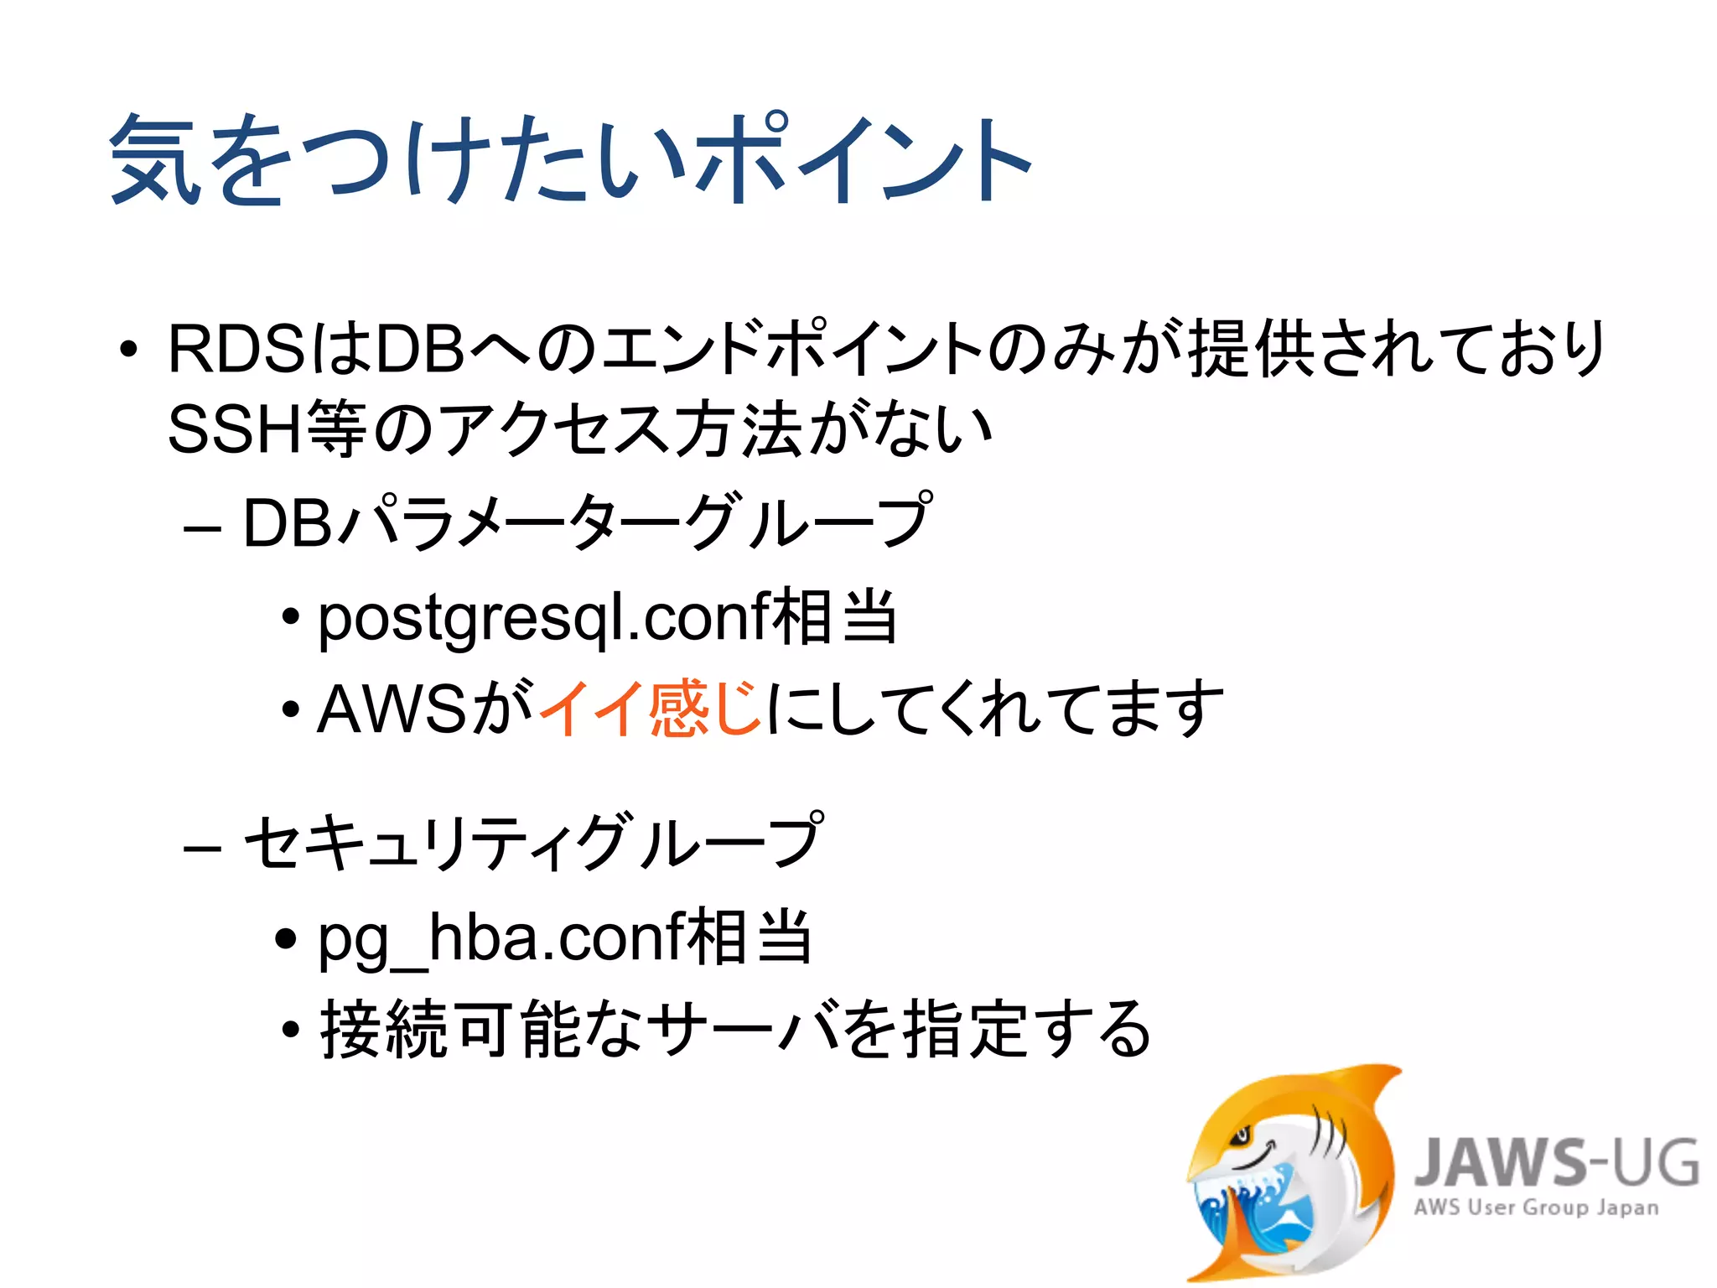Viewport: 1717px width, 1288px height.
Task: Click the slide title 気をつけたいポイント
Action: click(x=570, y=159)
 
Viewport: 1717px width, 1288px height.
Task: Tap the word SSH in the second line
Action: click(x=235, y=429)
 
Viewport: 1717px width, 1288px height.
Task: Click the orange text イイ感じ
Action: click(x=650, y=709)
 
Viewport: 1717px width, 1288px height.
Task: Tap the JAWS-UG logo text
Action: click(x=1556, y=1164)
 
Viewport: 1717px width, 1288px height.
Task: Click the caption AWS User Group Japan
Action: click(x=1536, y=1207)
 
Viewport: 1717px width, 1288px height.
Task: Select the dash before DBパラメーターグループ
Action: click(x=202, y=529)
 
